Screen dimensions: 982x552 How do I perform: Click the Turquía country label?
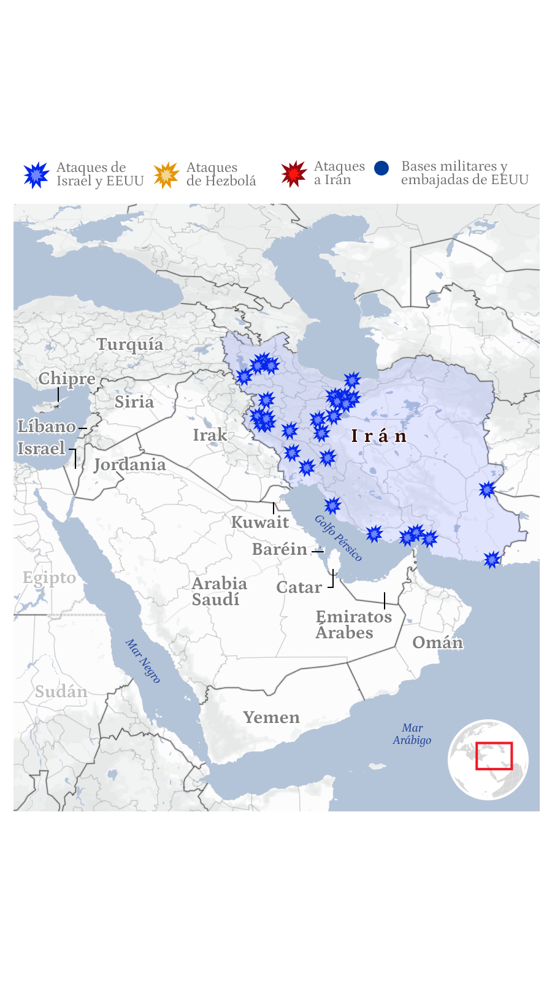click(x=130, y=344)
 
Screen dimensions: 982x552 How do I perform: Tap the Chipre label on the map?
click(x=67, y=379)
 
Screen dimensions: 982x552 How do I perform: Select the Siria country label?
click(x=134, y=402)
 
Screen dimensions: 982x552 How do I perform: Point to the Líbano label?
click(x=47, y=427)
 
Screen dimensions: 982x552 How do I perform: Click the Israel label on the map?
click(x=41, y=449)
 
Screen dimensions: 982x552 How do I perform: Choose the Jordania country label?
click(x=130, y=465)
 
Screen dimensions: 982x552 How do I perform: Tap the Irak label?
click(x=210, y=435)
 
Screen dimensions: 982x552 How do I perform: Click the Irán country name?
click(x=379, y=436)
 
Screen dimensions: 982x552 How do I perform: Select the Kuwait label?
click(x=260, y=522)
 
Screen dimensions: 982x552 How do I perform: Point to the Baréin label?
click(x=280, y=549)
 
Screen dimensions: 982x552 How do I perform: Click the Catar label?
click(x=299, y=587)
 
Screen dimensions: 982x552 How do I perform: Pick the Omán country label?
click(x=437, y=643)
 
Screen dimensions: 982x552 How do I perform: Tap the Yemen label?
click(x=271, y=717)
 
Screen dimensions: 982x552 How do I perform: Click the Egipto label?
click(x=49, y=578)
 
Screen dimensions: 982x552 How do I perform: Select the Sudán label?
click(x=61, y=692)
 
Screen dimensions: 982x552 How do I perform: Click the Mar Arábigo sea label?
click(x=412, y=734)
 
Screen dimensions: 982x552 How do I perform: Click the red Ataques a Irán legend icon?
click(x=294, y=174)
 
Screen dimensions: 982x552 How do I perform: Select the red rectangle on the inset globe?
click(x=494, y=756)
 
